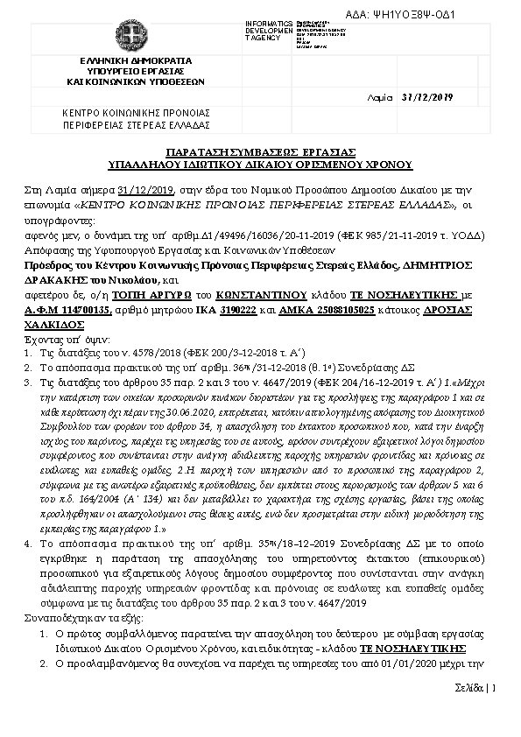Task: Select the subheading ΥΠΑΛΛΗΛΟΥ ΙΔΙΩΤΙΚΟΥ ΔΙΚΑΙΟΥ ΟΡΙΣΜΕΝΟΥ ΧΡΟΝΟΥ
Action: tap(261, 164)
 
